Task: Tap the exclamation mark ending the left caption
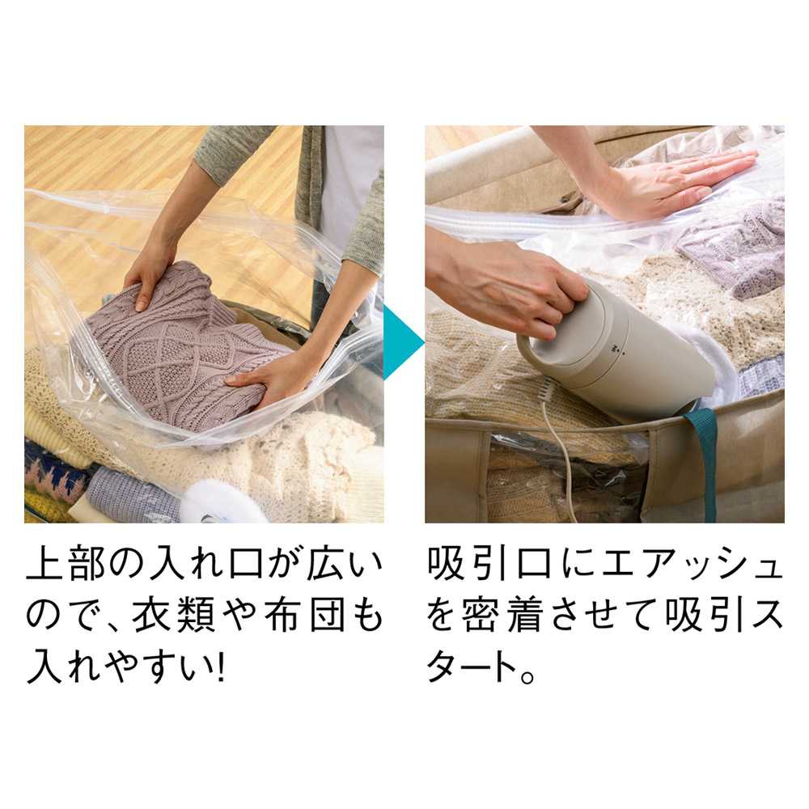pos(220,668)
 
